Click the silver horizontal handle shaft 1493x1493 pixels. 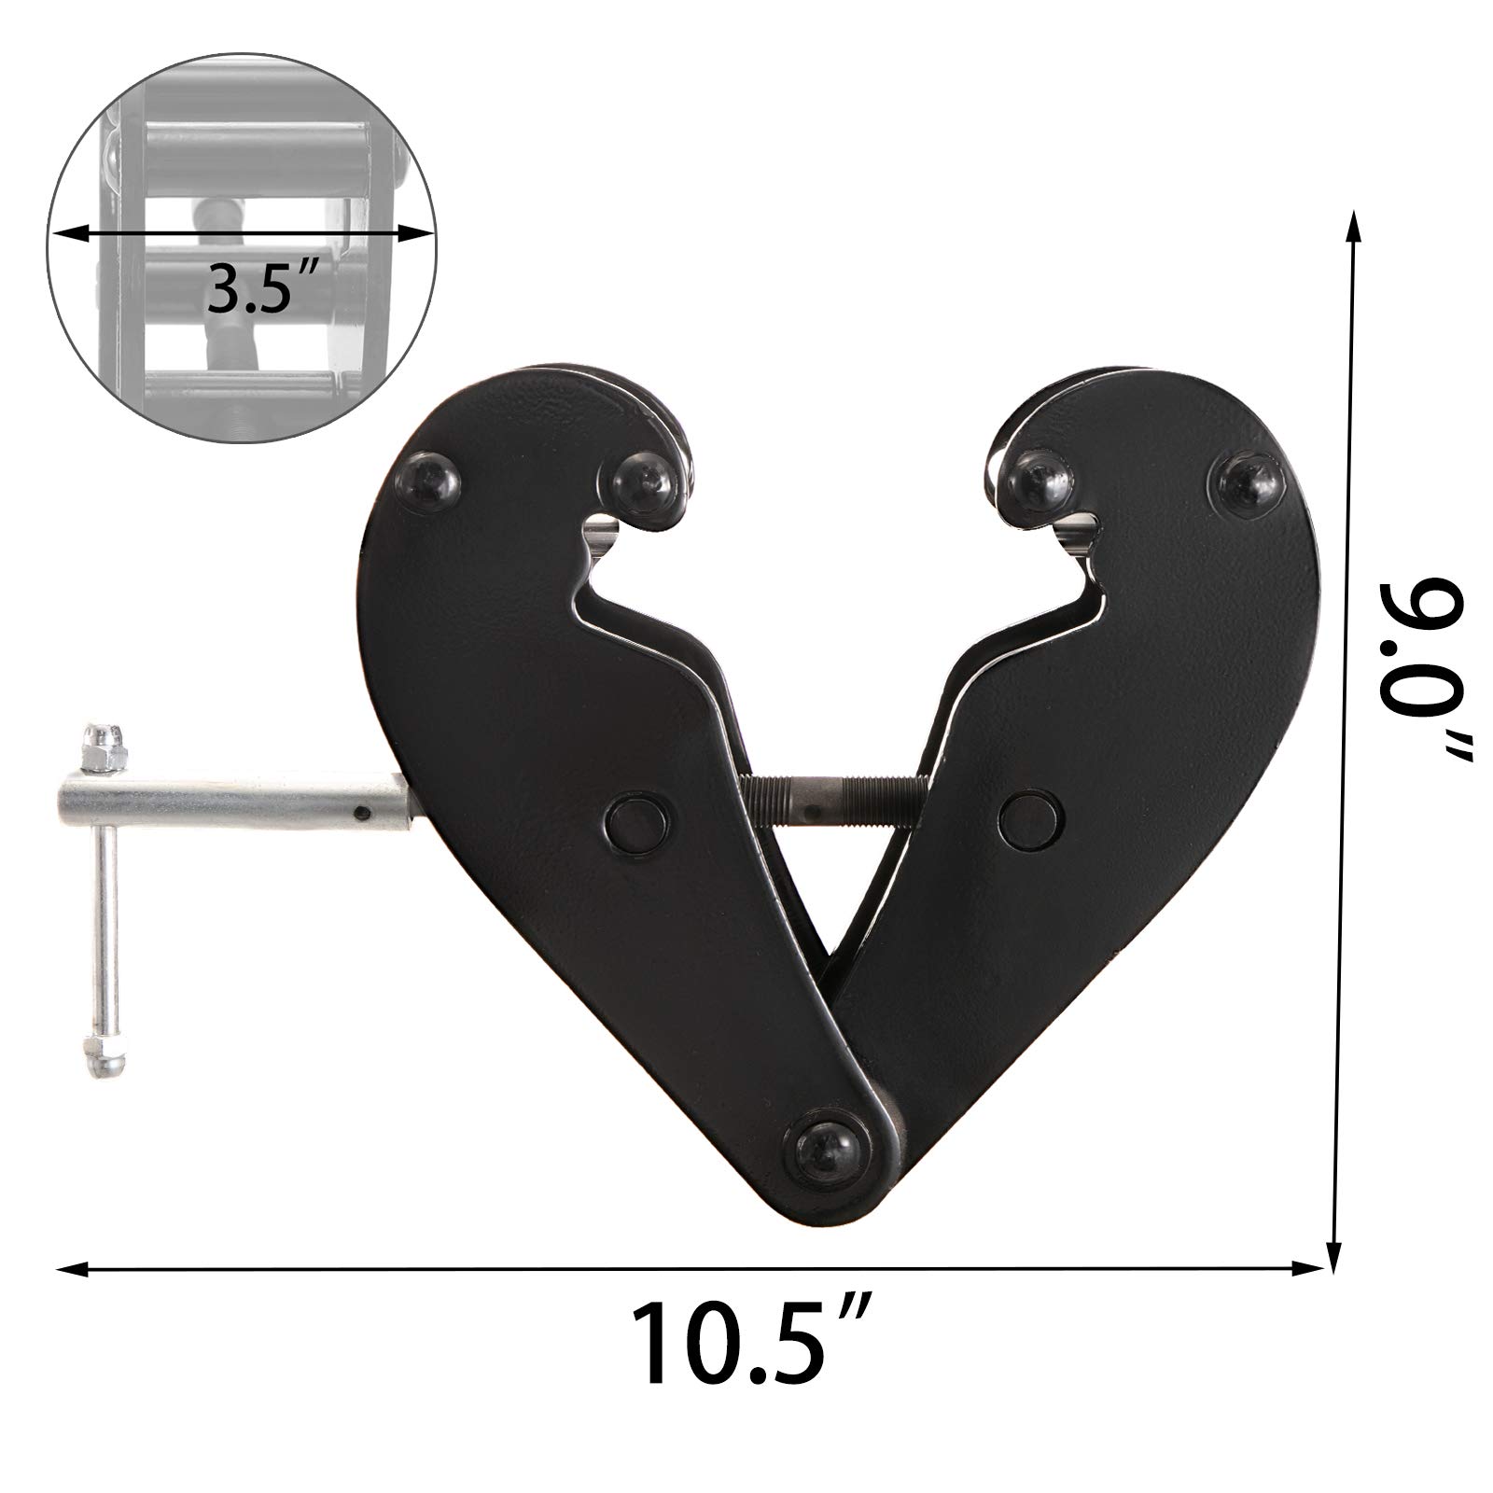(233, 800)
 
